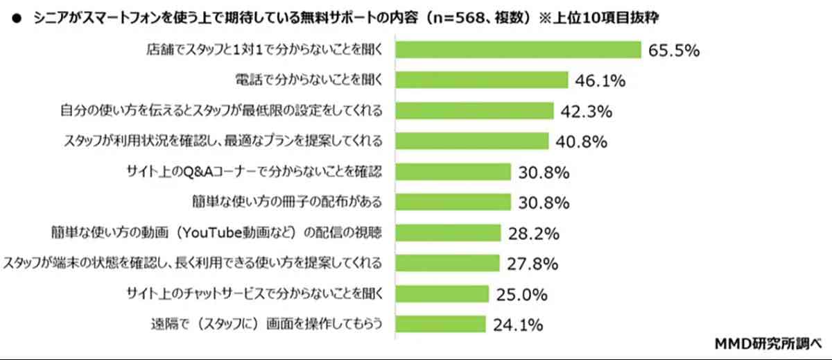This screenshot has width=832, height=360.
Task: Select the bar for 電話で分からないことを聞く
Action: click(x=482, y=80)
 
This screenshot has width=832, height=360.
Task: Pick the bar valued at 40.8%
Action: click(x=474, y=142)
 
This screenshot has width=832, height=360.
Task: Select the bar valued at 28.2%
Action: click(x=448, y=232)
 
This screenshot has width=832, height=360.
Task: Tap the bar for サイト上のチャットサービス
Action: click(x=442, y=293)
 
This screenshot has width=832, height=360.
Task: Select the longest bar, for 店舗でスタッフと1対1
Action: click(x=518, y=50)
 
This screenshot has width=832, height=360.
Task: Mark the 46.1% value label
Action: click(x=600, y=81)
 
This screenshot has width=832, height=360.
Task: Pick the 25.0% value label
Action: click(x=521, y=293)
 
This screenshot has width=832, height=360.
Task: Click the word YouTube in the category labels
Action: click(x=179, y=232)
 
